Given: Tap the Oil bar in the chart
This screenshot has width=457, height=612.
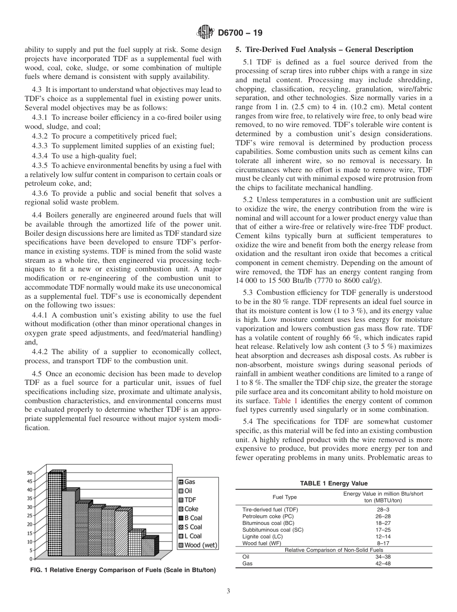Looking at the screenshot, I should (69, 523).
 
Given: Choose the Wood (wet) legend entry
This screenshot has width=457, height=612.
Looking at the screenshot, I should (197, 545).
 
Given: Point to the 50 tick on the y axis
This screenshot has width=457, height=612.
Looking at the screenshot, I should (30, 472).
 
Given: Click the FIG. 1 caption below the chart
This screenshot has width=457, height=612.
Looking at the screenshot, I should (123, 570).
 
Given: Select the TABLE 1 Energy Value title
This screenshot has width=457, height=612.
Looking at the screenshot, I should (333, 484).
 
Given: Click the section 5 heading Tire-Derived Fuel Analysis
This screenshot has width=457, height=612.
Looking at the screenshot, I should (324, 50).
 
